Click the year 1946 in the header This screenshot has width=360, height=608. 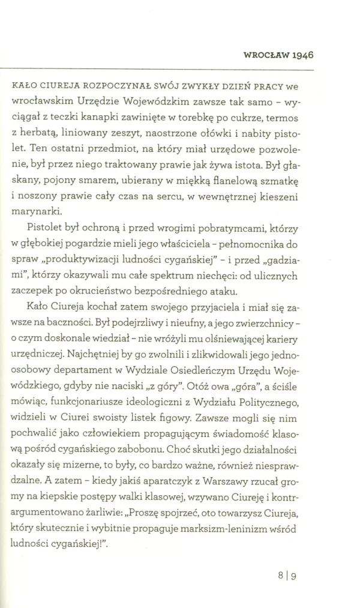(x=302, y=53)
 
